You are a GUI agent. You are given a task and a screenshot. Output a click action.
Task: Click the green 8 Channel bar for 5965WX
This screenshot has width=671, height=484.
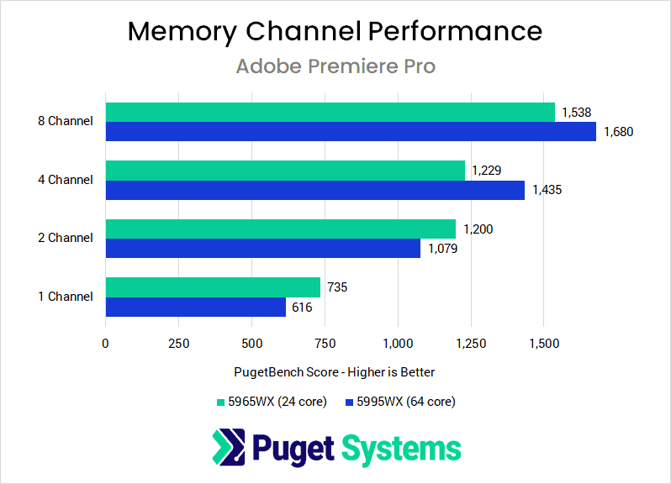pos(330,113)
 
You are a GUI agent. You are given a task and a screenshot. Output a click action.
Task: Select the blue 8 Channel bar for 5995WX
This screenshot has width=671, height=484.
pos(350,132)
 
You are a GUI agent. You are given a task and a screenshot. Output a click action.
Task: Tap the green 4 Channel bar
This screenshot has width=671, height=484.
pos(285,171)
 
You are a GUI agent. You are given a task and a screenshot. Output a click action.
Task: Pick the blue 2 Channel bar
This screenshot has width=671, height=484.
pos(262,249)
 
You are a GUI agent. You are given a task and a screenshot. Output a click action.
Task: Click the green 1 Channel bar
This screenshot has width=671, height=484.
pos(213,287)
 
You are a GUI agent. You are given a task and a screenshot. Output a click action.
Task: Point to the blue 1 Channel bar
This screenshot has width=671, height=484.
pos(195,308)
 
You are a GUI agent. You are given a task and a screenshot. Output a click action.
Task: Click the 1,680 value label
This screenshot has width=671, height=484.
pos(617,132)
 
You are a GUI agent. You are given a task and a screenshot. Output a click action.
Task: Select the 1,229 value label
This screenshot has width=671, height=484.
pos(487,171)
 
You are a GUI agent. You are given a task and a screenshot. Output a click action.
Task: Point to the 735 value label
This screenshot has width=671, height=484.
pos(336,287)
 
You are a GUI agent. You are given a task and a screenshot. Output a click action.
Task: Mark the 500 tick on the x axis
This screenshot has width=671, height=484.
pos(251,343)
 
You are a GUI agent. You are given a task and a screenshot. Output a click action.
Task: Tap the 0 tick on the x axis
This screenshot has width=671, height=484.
pos(105,343)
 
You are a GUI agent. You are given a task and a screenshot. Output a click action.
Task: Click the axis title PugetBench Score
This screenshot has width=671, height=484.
pos(335,371)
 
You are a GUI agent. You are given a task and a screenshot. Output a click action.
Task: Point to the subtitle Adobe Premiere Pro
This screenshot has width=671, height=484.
pos(335,66)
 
